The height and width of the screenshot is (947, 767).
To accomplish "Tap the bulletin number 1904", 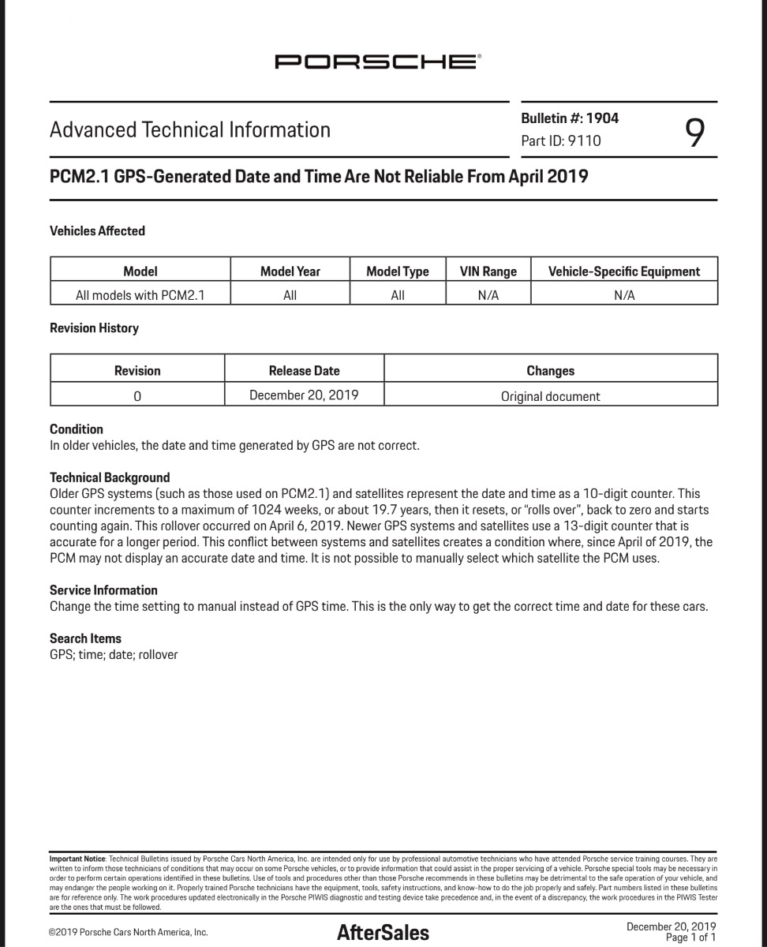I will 602,118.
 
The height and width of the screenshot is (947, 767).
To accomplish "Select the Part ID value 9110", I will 584,141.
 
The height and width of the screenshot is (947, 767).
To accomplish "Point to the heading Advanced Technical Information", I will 190,130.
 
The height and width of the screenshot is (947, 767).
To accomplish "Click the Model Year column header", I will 290,271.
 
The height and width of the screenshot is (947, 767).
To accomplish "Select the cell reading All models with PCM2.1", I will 140,295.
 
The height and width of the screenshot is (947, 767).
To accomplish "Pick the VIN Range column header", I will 488,271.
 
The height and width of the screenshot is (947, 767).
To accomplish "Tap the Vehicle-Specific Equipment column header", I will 623,271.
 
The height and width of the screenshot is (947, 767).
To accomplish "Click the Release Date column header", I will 304,370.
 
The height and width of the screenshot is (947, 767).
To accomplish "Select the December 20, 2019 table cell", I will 304,395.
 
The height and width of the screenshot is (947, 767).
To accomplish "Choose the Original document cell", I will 550,396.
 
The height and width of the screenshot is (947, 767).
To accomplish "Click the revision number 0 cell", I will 137,396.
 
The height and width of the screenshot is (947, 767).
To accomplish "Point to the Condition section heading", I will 77,429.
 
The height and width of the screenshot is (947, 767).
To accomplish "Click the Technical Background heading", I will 110,477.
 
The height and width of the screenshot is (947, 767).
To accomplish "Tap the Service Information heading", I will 103,590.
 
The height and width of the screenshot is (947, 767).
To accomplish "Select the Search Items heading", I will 85,638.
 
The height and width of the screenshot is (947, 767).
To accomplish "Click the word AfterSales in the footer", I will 383,933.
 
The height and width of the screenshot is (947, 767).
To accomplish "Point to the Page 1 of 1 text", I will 690,938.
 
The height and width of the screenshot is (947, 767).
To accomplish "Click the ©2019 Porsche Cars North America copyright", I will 129,933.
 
